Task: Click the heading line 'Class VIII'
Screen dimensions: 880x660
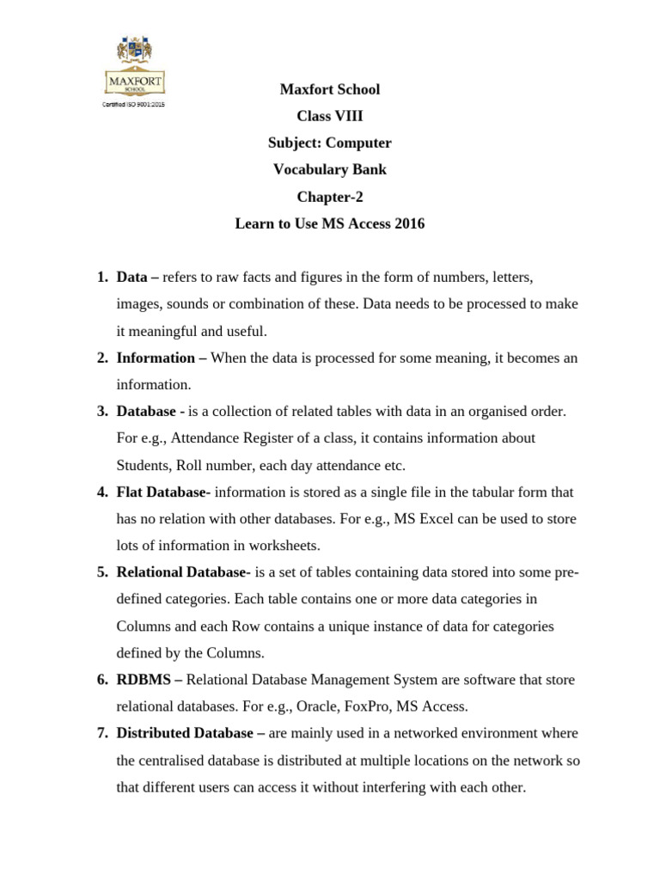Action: pyautogui.click(x=330, y=117)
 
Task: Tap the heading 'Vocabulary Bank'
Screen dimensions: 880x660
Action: pyautogui.click(x=330, y=170)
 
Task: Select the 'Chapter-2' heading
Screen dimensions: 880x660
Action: pyautogui.click(x=330, y=197)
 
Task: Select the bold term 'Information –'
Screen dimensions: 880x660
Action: pyautogui.click(x=162, y=357)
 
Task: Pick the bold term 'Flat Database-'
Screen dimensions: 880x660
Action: pyautogui.click(x=163, y=492)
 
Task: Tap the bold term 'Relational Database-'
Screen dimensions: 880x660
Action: pyautogui.click(x=183, y=573)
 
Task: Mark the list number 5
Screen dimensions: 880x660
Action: pyautogui.click(x=101, y=573)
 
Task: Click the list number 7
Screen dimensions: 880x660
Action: pyautogui.click(x=101, y=733)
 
